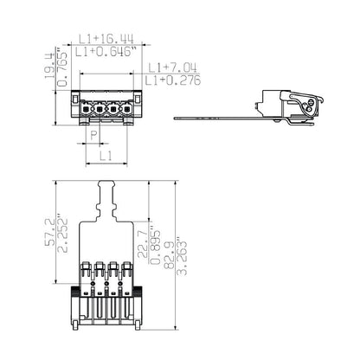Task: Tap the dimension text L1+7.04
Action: [x=176, y=67]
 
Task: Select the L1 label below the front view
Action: [x=105, y=156]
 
